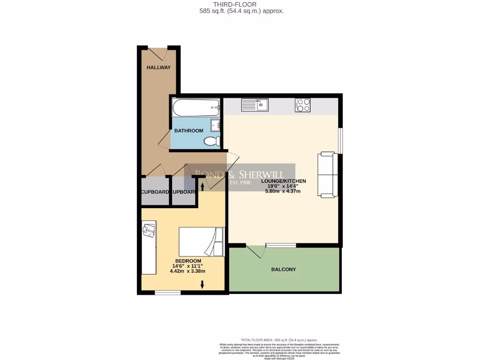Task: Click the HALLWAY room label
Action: (x=158, y=67)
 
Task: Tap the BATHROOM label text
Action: (x=188, y=131)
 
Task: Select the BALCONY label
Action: (x=284, y=270)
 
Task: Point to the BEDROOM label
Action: (x=188, y=261)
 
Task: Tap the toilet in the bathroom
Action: (x=211, y=141)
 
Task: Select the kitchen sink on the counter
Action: (x=255, y=105)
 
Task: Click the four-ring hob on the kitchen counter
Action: (x=302, y=105)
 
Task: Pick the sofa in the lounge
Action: (x=327, y=174)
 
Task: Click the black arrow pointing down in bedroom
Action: (x=202, y=284)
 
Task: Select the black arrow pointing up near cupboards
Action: (x=202, y=187)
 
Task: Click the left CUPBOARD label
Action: (x=155, y=192)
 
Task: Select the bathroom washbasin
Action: (x=216, y=125)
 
